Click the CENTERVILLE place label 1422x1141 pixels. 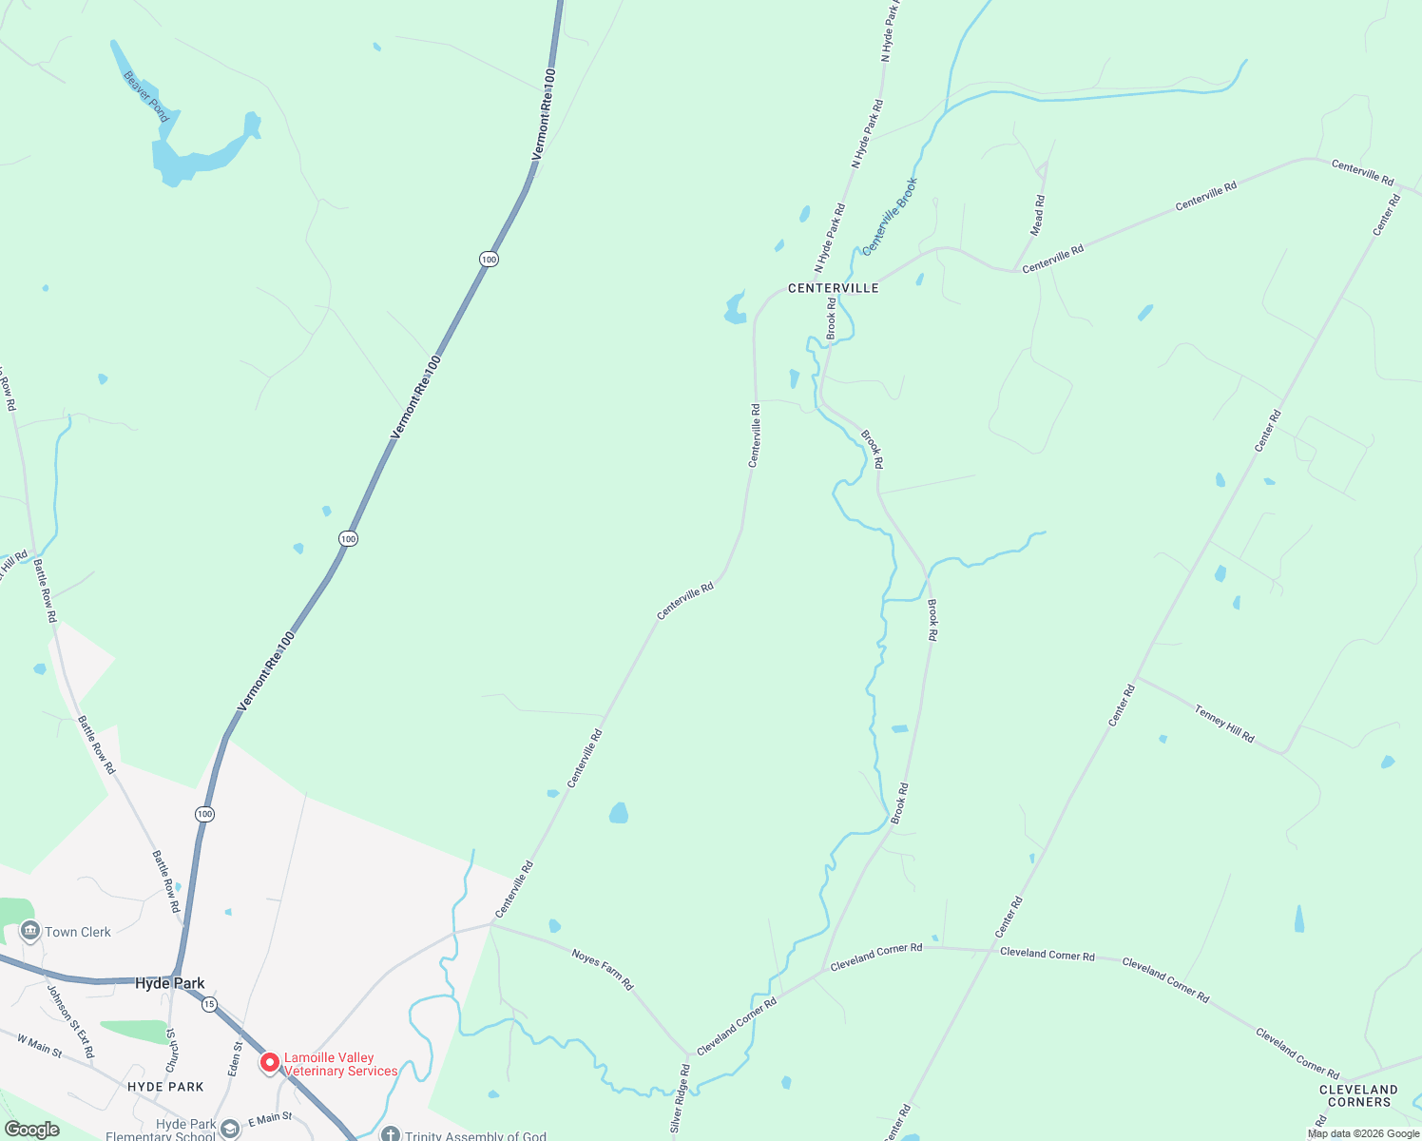tap(833, 288)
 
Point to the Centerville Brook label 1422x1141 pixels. tap(890, 216)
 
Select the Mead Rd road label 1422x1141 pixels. tap(1038, 215)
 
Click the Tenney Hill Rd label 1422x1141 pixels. tap(1224, 724)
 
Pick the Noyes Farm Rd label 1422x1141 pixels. tap(603, 969)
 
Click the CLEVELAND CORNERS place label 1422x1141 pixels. tap(1358, 1095)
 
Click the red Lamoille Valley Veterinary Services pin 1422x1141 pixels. tap(270, 1062)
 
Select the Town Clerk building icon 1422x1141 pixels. tap(29, 931)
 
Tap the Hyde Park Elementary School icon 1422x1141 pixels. tap(229, 1129)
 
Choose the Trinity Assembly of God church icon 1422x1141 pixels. tap(390, 1135)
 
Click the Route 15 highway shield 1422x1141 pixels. tap(209, 1004)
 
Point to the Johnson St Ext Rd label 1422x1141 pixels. tap(71, 1021)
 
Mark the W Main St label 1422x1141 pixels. tap(39, 1046)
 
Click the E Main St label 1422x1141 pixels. tap(270, 1120)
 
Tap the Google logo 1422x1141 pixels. tap(31, 1130)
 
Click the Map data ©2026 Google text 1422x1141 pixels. tap(1363, 1133)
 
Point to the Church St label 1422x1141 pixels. tap(171, 1050)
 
